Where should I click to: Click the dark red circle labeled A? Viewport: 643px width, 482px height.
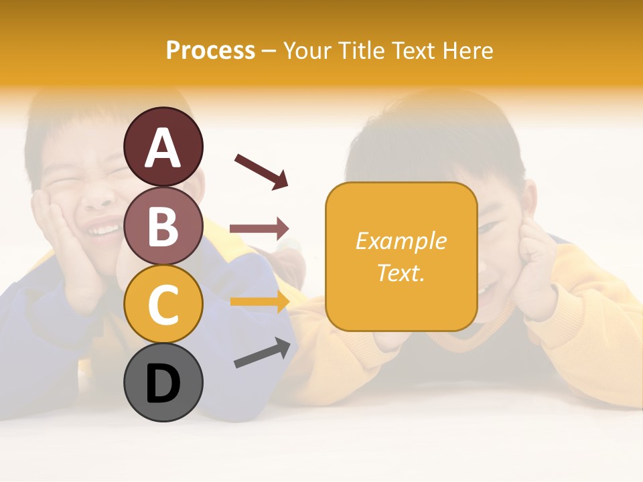pyautogui.click(x=163, y=147)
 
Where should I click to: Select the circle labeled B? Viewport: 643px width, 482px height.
pyautogui.click(x=163, y=226)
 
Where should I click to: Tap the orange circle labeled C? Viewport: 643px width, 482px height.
pyautogui.click(x=163, y=304)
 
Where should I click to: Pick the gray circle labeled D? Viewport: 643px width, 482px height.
pyautogui.click(x=163, y=383)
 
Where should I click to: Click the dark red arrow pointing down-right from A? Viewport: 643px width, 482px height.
pyautogui.click(x=261, y=171)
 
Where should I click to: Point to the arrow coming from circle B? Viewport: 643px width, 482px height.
pyautogui.click(x=259, y=229)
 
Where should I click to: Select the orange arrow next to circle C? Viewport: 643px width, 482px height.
pyautogui.click(x=259, y=301)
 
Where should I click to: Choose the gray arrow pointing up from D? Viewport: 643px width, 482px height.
pyautogui.click(x=262, y=353)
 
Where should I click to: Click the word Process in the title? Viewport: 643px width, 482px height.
pyautogui.click(x=210, y=50)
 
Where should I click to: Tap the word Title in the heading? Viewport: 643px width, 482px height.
pyautogui.click(x=360, y=50)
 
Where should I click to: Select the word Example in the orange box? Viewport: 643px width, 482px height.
pyautogui.click(x=401, y=241)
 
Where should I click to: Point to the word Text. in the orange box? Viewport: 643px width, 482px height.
pyautogui.click(x=401, y=272)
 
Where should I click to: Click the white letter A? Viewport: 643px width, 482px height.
pyautogui.click(x=163, y=148)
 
